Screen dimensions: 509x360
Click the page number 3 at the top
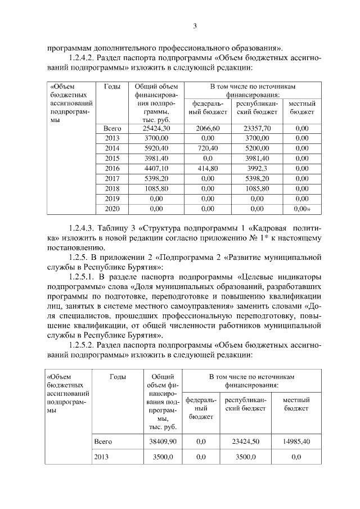(x=195, y=26)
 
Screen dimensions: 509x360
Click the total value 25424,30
(x=152, y=129)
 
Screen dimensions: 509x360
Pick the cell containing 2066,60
(x=208, y=129)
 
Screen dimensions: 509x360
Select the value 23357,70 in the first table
(x=256, y=129)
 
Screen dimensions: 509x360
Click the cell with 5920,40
(x=152, y=148)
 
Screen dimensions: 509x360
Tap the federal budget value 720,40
(x=208, y=148)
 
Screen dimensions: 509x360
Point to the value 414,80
(x=208, y=168)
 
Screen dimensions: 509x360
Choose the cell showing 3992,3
(x=256, y=168)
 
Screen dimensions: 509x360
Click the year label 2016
(x=112, y=168)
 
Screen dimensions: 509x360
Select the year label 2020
(x=112, y=208)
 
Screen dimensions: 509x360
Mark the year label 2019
(x=112, y=198)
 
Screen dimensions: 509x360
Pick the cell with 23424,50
(x=245, y=442)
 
